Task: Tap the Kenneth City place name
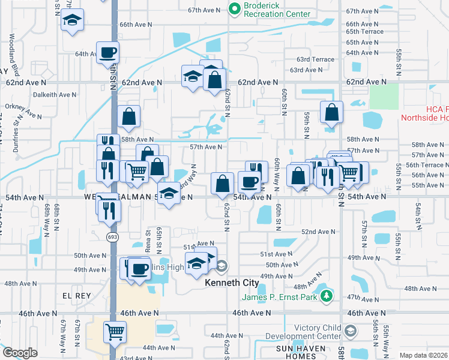click(232, 283)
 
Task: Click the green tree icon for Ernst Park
click(326, 296)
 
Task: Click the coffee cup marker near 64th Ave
click(108, 52)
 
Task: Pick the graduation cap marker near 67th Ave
click(72, 22)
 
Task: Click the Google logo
click(20, 353)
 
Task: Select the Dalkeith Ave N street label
click(55, 94)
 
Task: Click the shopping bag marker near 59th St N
click(331, 112)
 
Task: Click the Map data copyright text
click(423, 355)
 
